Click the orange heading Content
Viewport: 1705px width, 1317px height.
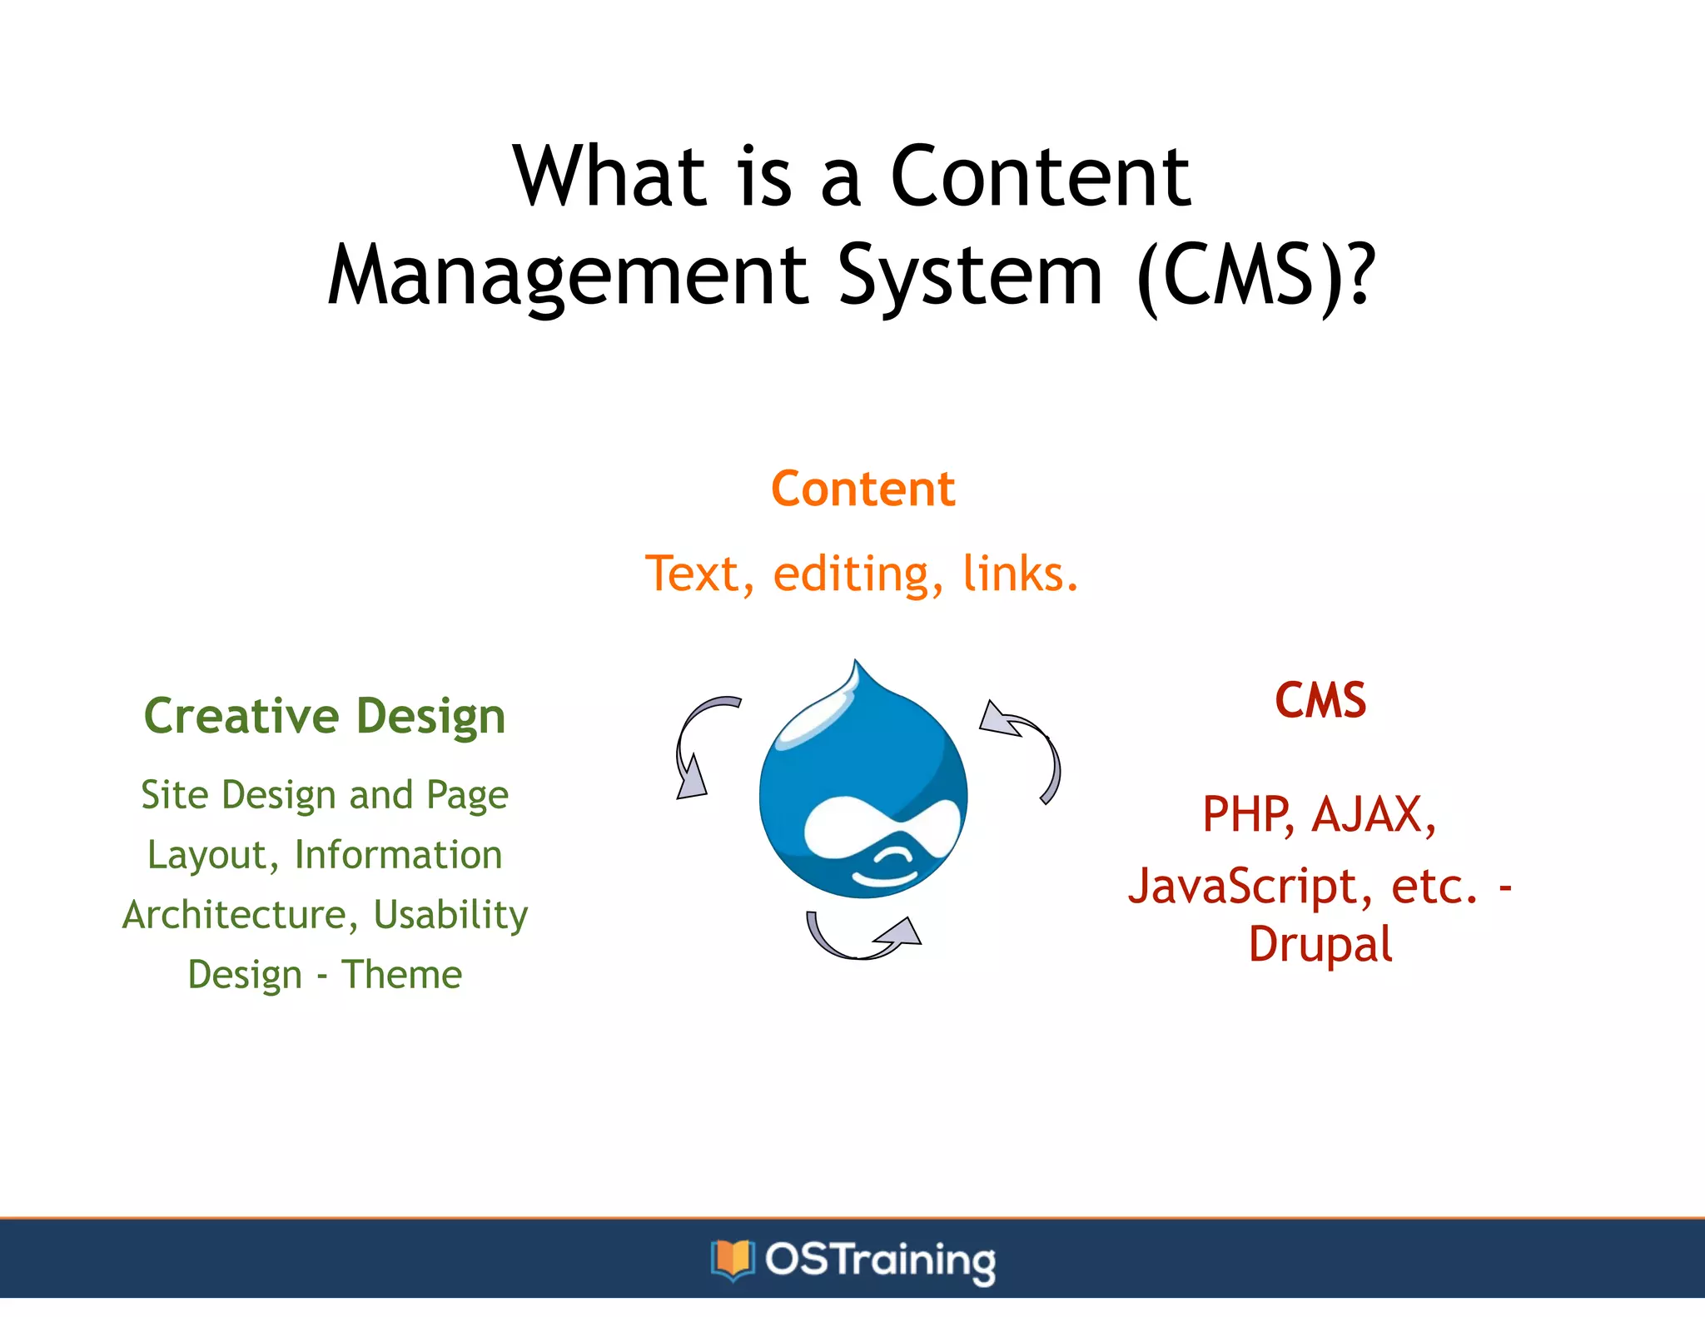click(x=862, y=489)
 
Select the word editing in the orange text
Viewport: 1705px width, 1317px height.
click(x=857, y=574)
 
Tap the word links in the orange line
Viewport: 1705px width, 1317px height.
click(x=1019, y=574)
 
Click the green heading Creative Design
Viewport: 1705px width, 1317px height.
click(x=325, y=716)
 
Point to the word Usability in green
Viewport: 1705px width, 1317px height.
click(x=450, y=915)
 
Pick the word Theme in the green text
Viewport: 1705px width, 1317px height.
click(x=401, y=974)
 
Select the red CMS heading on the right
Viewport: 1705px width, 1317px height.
click(x=1320, y=700)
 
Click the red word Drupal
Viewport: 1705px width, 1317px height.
click(x=1320, y=945)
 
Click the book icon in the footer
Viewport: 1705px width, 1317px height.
click(x=732, y=1259)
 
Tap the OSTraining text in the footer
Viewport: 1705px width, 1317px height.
click(x=879, y=1260)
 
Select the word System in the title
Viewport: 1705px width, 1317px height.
click(x=970, y=275)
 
